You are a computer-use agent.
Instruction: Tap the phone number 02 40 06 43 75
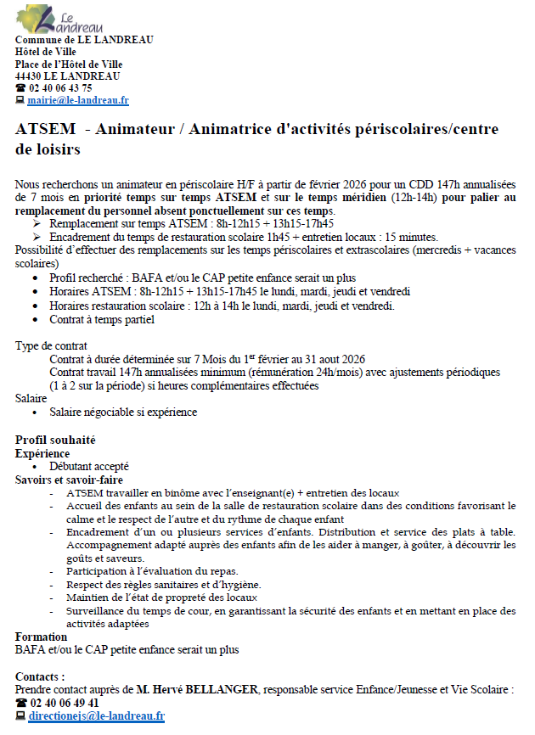pyautogui.click(x=60, y=87)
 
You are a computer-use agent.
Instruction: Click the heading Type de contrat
pyautogui.click(x=49, y=346)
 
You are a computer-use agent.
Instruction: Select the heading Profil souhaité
pyautogui.click(x=55, y=440)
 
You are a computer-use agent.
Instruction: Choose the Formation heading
pyautogui.click(x=41, y=637)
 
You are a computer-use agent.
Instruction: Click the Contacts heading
pyautogui.click(x=40, y=676)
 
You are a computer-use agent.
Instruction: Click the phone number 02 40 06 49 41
pyautogui.click(x=64, y=702)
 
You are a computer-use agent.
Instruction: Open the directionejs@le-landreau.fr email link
pyautogui.click(x=96, y=715)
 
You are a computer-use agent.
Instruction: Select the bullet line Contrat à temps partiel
pyautogui.click(x=102, y=320)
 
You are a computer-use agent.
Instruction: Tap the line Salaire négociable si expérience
pyautogui.click(x=123, y=412)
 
